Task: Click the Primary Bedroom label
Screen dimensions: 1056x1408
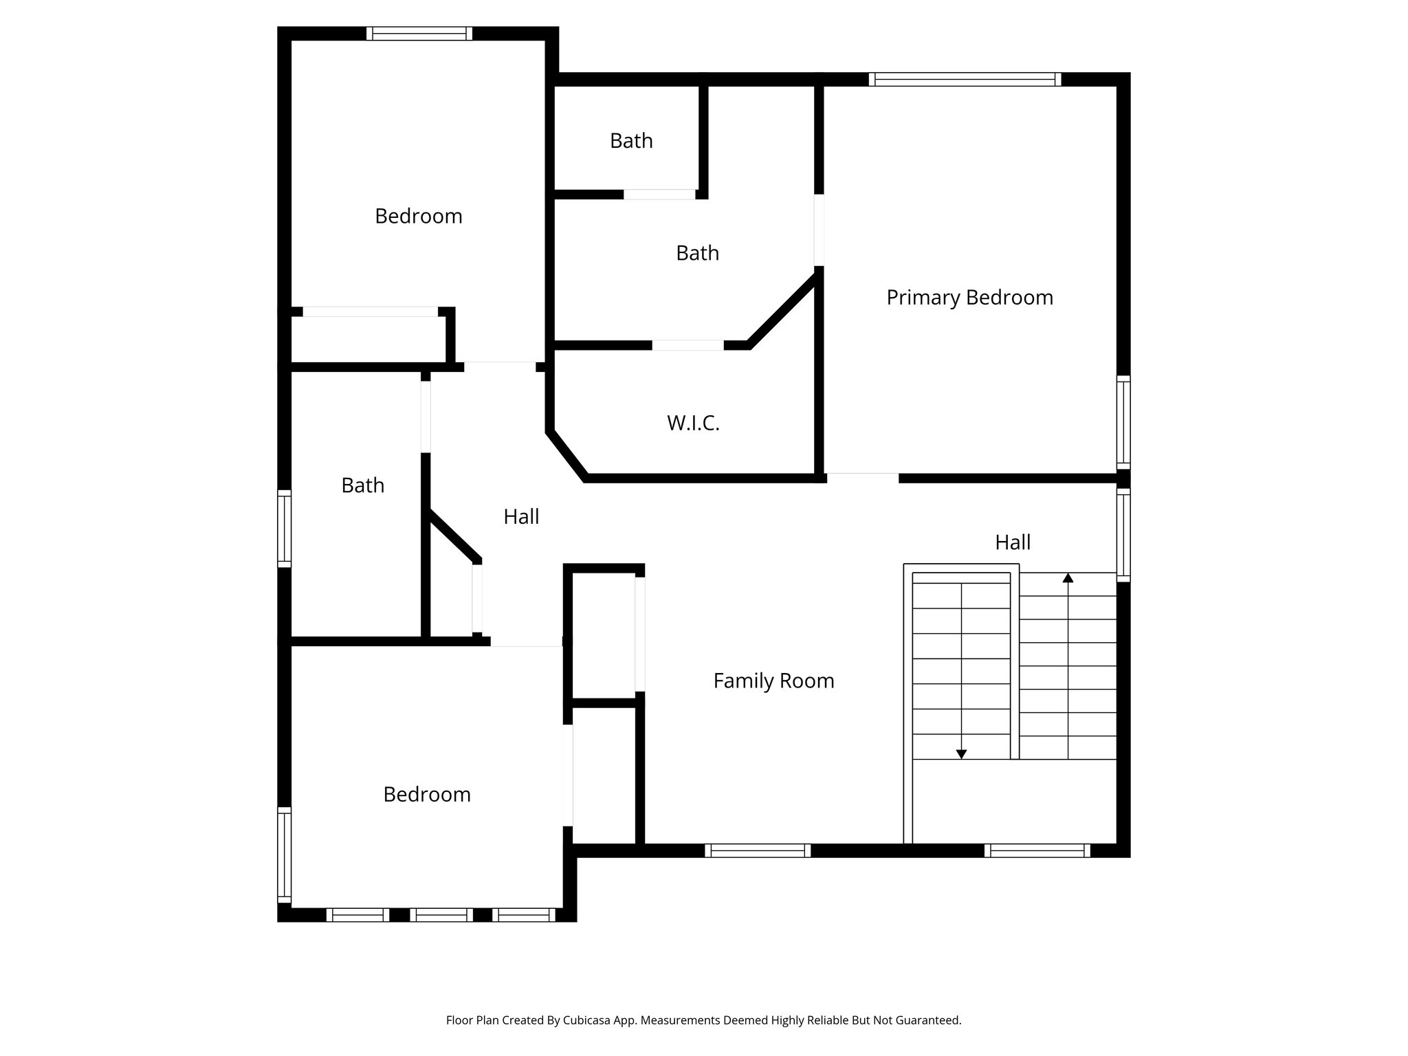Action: tap(969, 298)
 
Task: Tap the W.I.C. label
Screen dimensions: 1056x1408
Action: tap(693, 423)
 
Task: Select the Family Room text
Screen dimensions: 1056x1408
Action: tap(773, 681)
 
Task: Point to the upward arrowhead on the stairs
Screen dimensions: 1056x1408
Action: tap(1068, 578)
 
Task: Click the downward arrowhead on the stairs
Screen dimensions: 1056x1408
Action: tap(961, 754)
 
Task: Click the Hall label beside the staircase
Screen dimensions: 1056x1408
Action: tap(1013, 542)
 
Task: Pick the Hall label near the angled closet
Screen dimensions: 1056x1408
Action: tap(521, 516)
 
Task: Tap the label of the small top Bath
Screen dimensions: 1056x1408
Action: tap(631, 141)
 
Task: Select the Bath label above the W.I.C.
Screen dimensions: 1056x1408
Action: tap(697, 253)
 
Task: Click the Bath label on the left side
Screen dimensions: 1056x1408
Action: tap(362, 485)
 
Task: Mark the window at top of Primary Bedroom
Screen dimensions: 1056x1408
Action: tap(965, 80)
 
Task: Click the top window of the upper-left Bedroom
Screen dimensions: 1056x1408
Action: tap(419, 34)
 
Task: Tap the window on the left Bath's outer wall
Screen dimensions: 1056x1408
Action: tap(284, 528)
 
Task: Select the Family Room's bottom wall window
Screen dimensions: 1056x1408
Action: tap(758, 850)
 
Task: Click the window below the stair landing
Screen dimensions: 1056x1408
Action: tap(1037, 850)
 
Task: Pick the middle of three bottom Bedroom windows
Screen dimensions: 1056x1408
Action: tap(441, 915)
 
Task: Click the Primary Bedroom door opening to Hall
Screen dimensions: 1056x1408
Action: tap(862, 477)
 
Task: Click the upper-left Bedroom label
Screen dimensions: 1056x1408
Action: tap(418, 217)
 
